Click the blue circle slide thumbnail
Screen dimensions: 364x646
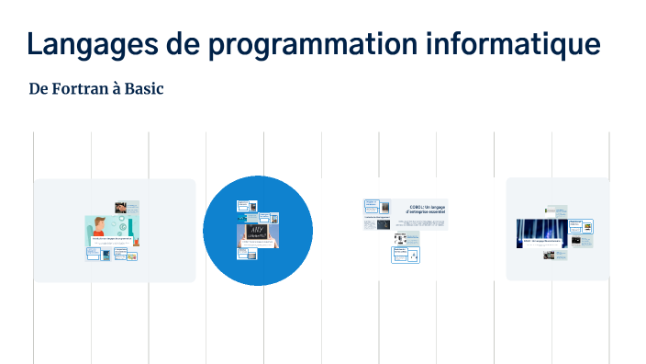pos(258,230)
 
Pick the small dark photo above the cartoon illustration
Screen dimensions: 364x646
pos(121,208)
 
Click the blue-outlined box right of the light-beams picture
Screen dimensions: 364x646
pos(581,226)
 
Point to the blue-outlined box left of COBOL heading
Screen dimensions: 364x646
pos(373,204)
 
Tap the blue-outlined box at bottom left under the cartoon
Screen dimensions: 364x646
pos(94,254)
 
